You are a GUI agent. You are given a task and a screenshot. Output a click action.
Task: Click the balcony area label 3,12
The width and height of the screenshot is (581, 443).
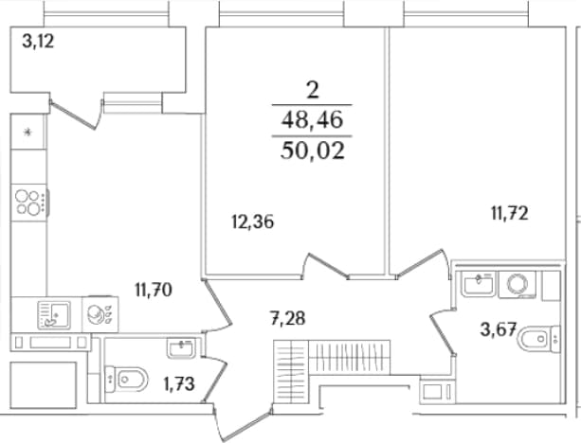tap(38, 41)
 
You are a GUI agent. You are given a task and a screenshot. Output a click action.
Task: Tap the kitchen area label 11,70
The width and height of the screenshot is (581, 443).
tap(154, 290)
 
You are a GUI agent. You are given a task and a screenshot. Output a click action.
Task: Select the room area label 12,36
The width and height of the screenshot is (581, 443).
tap(253, 222)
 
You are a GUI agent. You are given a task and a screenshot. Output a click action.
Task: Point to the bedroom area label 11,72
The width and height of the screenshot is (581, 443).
tap(510, 214)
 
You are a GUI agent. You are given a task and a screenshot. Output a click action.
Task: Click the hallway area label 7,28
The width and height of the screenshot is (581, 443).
tap(288, 318)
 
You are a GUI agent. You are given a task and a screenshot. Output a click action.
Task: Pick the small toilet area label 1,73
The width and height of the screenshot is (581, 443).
tap(179, 383)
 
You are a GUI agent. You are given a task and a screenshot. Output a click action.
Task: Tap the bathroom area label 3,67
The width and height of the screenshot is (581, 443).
tap(498, 329)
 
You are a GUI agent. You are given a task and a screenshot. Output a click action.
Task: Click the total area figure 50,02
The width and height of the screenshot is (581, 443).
tap(313, 151)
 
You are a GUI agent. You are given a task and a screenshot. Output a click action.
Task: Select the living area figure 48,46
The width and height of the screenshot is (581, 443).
tap(312, 120)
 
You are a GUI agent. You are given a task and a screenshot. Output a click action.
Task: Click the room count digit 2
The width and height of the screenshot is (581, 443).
tap(313, 90)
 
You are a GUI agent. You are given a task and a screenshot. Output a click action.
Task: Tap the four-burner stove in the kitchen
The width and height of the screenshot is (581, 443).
tap(29, 203)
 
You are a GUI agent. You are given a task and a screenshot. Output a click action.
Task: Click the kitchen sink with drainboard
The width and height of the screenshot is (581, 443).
tap(54, 315)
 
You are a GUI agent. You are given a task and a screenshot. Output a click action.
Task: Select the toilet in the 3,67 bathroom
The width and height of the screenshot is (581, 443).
tap(538, 338)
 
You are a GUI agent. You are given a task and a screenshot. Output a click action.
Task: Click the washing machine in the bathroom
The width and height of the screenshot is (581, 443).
tap(517, 285)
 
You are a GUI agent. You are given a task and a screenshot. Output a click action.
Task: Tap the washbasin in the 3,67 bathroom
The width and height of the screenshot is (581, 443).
tap(478, 284)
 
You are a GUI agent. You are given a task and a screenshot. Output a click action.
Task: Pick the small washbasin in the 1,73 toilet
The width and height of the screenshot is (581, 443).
tap(181, 349)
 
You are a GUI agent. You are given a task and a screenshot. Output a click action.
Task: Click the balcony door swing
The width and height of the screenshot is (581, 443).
tap(77, 115)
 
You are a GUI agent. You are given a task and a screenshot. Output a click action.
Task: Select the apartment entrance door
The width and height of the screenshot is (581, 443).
tap(242, 422)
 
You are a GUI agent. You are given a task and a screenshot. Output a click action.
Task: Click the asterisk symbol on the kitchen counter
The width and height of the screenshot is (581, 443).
tap(27, 132)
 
